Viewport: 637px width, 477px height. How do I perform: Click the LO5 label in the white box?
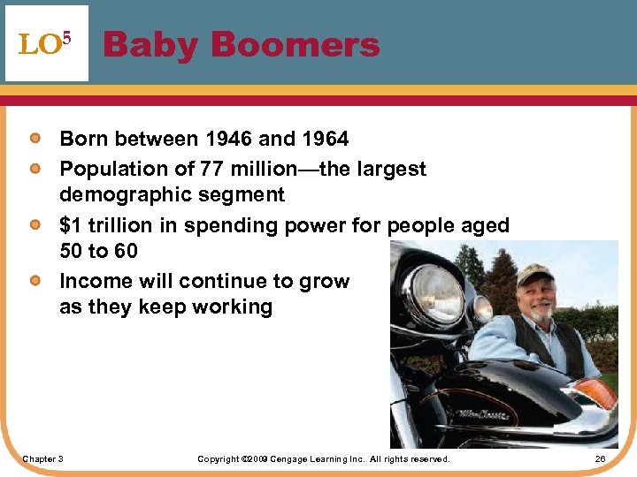coord(43,44)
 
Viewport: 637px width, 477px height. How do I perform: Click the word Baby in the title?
coord(148,44)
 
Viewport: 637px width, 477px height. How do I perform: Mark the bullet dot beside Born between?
coord(34,139)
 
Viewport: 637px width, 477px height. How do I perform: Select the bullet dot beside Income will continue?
coord(34,281)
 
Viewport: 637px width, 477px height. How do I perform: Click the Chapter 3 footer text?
coord(42,459)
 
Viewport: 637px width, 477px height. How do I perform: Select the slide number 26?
coord(600,459)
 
